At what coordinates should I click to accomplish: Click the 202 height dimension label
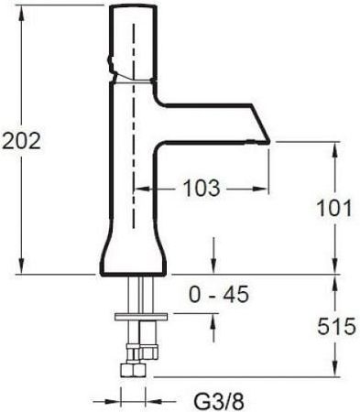(21, 141)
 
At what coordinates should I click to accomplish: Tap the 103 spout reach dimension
(202, 188)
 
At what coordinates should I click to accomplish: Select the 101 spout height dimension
(334, 209)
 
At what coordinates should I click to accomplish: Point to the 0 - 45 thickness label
(219, 295)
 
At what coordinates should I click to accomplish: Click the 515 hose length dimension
(336, 326)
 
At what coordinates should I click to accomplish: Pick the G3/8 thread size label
(219, 402)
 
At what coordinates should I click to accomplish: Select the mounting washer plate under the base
(141, 317)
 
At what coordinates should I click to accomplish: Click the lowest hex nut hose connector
(132, 370)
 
